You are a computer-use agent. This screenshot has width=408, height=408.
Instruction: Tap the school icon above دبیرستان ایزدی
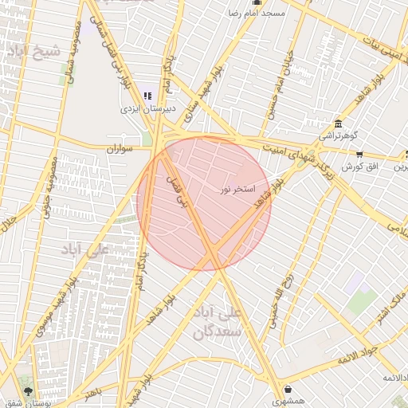[147, 95]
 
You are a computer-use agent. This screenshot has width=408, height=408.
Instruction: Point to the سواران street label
[117, 148]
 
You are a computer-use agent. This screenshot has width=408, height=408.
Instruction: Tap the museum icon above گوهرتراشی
[339, 124]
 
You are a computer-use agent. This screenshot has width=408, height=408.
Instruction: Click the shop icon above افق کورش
[359, 155]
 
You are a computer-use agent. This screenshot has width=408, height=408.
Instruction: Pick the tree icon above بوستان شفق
[29, 390]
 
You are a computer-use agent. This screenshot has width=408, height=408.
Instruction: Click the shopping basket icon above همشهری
[287, 390]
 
